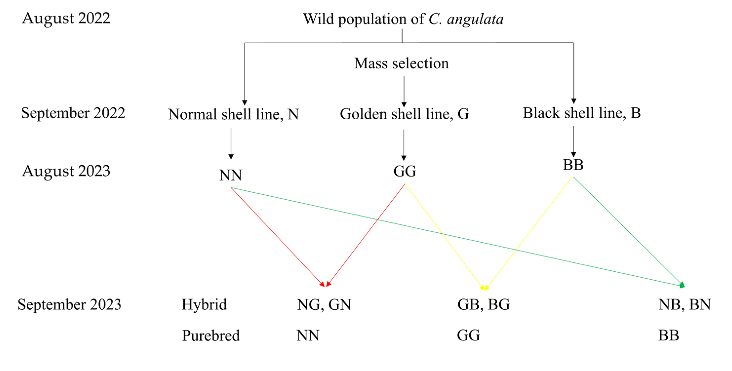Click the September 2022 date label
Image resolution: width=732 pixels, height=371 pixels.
tap(73, 113)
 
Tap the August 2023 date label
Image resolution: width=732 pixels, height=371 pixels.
tap(66, 171)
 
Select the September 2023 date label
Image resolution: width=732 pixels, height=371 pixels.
tap(69, 305)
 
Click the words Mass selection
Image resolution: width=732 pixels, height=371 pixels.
tap(401, 63)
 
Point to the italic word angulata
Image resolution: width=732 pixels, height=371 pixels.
tap(475, 19)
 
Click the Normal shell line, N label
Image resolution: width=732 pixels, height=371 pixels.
tap(233, 114)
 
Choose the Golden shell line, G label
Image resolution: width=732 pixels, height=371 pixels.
tap(404, 114)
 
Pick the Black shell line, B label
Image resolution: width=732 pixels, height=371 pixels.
tap(581, 113)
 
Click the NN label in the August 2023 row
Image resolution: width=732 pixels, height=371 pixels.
tap(230, 175)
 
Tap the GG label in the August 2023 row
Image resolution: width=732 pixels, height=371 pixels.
tap(404, 171)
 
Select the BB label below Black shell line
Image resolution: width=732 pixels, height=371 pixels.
tap(573, 165)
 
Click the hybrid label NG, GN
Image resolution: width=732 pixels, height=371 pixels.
tap(324, 305)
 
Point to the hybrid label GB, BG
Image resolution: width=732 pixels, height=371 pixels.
tap(483, 305)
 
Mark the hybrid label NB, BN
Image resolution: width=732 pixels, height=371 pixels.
tap(684, 305)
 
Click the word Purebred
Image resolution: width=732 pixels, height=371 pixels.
tap(211, 336)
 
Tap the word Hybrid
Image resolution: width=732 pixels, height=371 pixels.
tap(204, 305)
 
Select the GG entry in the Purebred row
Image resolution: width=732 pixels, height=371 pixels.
tap(468, 335)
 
